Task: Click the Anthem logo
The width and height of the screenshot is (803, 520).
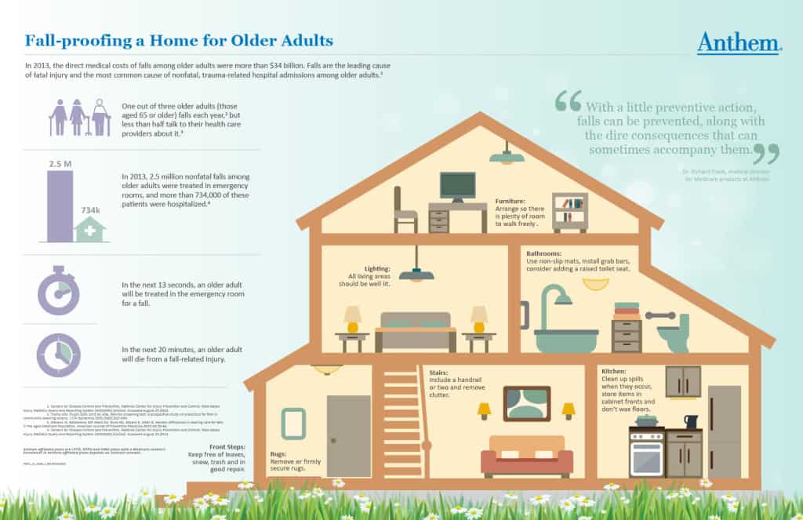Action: point(739,42)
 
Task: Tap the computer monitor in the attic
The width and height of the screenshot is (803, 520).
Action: point(457,186)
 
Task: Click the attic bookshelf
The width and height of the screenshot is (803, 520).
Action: point(569,211)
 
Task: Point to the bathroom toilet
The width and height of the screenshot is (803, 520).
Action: point(673,333)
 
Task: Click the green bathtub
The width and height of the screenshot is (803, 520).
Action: point(565,338)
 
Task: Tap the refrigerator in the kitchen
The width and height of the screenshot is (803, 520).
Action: point(724,431)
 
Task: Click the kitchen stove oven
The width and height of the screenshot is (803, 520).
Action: point(647,454)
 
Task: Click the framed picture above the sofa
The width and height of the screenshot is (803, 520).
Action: point(525,403)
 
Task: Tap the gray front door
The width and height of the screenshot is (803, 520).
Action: point(348,435)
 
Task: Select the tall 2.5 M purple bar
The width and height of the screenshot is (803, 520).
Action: point(60,206)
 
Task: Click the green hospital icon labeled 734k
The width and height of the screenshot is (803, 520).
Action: point(90,230)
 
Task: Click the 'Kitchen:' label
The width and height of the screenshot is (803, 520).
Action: point(614,370)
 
